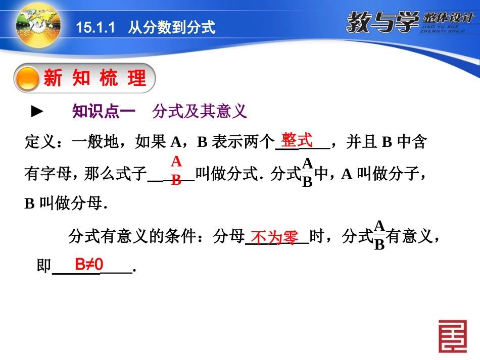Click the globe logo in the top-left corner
(37, 23)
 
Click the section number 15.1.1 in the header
(94, 28)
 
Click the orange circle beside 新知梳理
(28, 79)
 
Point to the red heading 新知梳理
(94, 78)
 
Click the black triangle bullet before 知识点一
(38, 112)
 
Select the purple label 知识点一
(104, 112)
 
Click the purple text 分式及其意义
(200, 112)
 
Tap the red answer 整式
(297, 140)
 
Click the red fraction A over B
(176, 171)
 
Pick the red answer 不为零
(275, 237)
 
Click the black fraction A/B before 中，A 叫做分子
(307, 173)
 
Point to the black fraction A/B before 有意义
(379, 235)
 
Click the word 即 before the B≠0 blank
(44, 266)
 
